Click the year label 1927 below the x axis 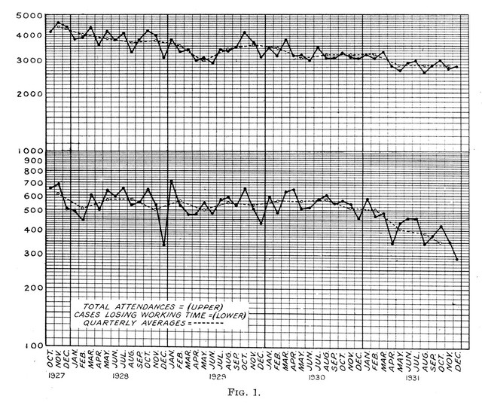pos(54,374)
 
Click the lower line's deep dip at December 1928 pos(164,244)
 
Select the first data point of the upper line pos(50,32)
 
